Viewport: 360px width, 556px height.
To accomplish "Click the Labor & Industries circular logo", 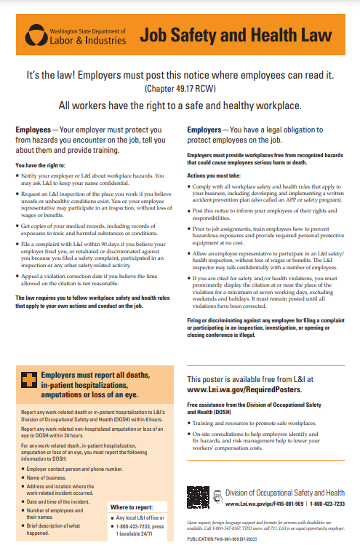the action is coord(34,34).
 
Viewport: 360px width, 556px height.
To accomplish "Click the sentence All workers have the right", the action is coord(179,105).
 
